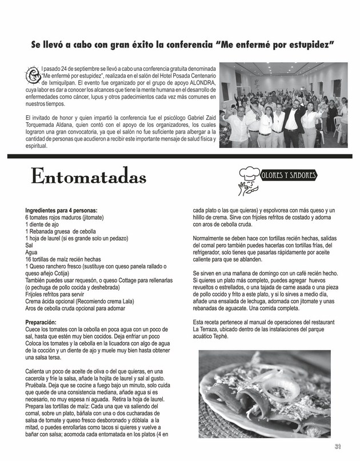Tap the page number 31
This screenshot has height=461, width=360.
coord(338,447)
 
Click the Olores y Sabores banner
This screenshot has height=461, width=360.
coord(288,175)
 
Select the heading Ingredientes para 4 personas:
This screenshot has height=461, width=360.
coord(61,210)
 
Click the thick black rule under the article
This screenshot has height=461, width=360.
coord(180,155)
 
